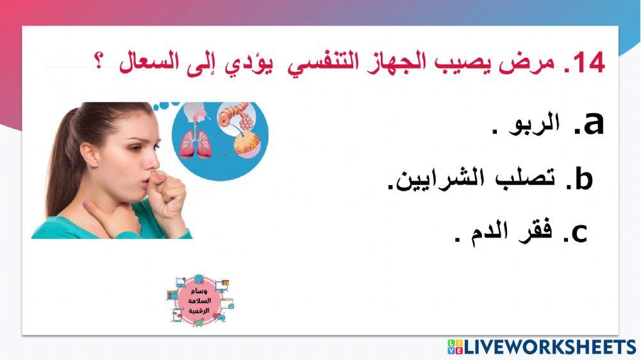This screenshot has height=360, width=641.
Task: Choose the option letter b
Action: [582, 181]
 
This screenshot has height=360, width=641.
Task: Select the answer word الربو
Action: [535, 124]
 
